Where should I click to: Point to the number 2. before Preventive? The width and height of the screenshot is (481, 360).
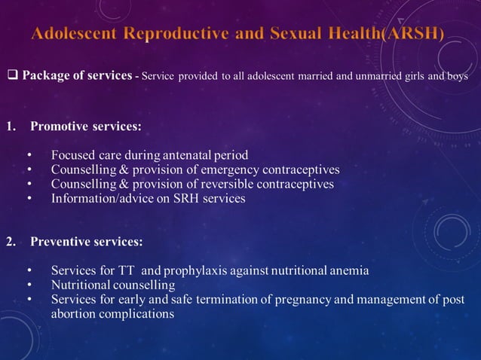(x=12, y=243)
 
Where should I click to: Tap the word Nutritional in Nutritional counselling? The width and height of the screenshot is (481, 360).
(x=82, y=285)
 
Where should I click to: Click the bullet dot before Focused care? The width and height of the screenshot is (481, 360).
(x=29, y=156)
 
